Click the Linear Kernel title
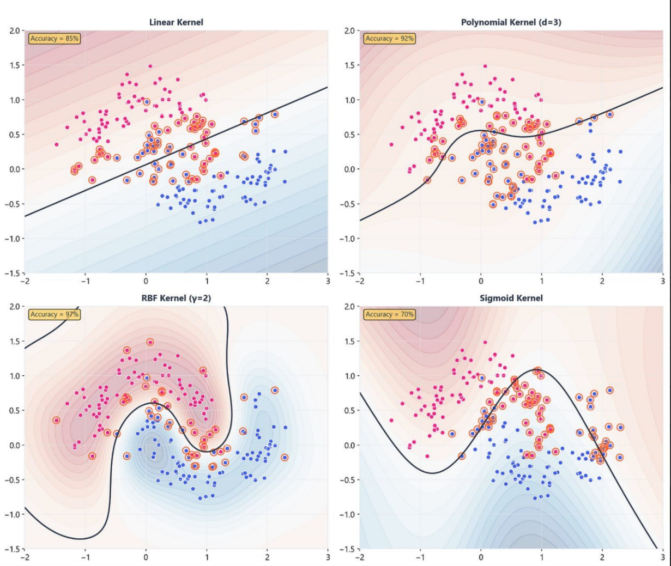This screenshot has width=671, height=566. [x=176, y=22]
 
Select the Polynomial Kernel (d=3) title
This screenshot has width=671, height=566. [x=511, y=22]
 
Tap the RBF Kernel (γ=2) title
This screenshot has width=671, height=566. [x=176, y=298]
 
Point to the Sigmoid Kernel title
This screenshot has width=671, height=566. [x=511, y=298]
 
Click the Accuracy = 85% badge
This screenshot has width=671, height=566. [x=55, y=39]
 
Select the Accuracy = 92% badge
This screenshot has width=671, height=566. [x=390, y=39]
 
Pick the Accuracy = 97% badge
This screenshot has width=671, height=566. [x=55, y=314]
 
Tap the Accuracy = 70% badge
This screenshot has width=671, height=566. [x=390, y=314]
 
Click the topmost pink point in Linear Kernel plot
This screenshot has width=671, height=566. [x=150, y=66]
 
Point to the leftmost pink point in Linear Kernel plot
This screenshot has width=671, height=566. [x=57, y=144]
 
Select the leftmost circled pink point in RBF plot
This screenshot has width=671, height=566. [x=57, y=420]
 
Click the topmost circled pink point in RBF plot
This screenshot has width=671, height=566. [x=150, y=342]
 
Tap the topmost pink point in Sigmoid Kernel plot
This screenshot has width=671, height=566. [x=485, y=342]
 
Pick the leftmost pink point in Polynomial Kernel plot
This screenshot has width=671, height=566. [x=391, y=144]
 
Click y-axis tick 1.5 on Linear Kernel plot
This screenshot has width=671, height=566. [x=14, y=65]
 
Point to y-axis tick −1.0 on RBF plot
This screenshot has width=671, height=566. [x=13, y=514]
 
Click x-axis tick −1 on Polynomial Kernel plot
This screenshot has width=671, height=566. [x=420, y=281]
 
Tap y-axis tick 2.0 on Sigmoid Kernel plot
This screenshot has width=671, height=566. [x=349, y=307]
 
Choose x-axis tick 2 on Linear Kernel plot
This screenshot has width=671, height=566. [x=267, y=281]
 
